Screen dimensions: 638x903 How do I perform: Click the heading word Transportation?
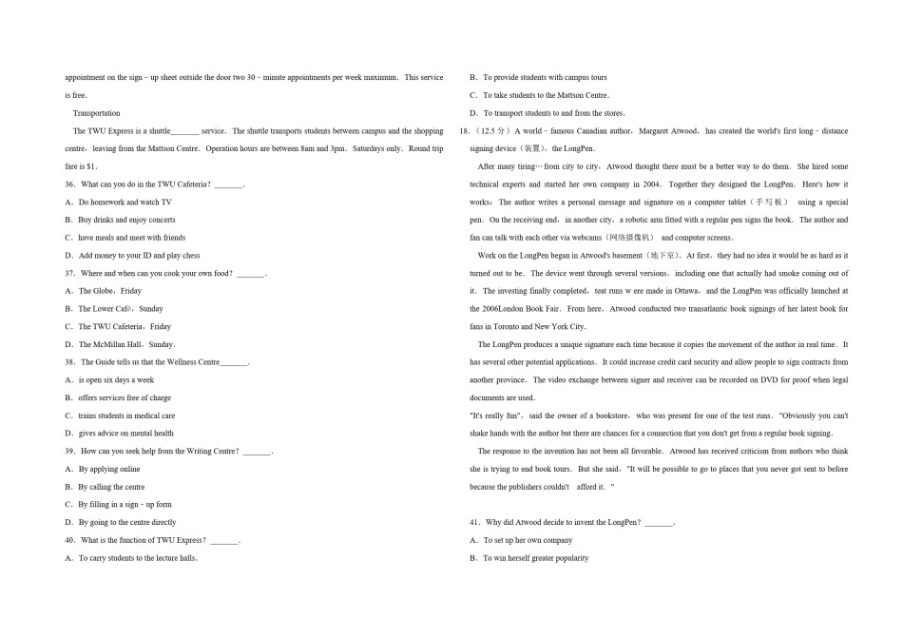point(96,113)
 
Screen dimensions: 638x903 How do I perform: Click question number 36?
point(70,184)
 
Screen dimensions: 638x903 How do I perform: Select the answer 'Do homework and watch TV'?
point(125,203)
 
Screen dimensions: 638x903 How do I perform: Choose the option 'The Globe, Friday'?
point(110,291)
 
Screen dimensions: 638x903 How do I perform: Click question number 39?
point(70,452)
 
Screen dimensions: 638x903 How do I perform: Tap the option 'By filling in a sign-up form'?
point(125,505)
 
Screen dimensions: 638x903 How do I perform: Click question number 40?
point(70,540)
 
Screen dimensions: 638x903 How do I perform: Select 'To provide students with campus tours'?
point(545,78)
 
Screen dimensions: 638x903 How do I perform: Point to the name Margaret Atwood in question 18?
point(669,131)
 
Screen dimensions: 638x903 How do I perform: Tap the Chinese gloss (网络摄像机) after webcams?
point(630,238)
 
